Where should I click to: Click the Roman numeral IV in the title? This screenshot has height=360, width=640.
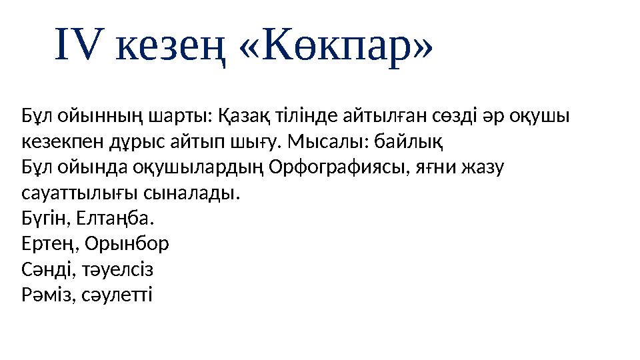click(79, 45)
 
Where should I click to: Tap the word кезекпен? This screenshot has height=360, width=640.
click(60, 143)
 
